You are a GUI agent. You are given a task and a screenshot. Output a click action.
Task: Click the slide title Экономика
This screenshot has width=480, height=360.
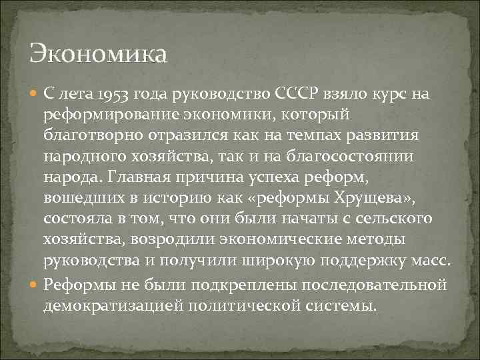point(99,52)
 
